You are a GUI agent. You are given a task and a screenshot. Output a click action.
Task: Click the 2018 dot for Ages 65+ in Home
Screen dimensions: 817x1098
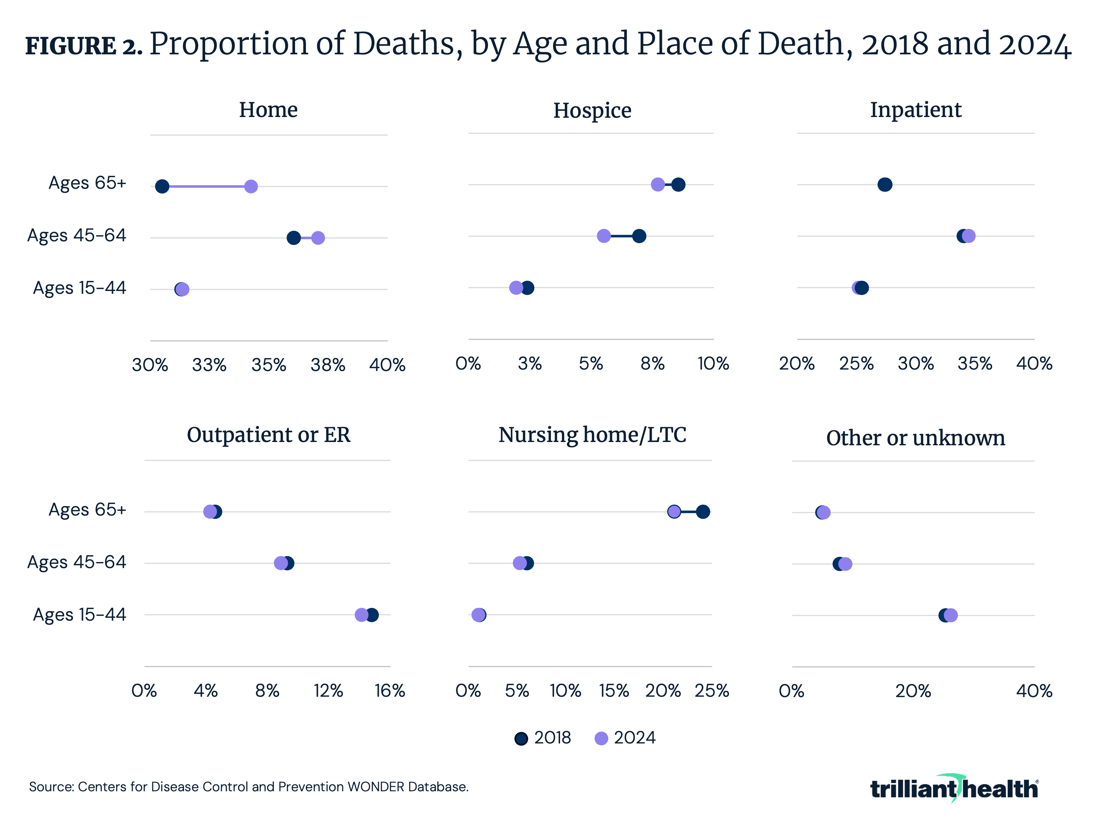[x=162, y=187]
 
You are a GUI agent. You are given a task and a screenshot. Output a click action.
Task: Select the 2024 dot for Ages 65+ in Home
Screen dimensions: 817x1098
[x=251, y=187]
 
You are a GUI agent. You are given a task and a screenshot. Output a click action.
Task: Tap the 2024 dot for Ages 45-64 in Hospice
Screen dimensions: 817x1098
[x=604, y=236]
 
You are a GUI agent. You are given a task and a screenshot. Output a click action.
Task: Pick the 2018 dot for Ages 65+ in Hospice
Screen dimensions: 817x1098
[x=678, y=184]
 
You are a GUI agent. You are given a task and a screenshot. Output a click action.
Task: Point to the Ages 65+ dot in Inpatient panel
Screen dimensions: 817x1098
[x=885, y=184]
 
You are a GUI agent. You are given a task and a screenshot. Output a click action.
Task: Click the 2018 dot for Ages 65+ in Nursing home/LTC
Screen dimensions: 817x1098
[x=703, y=512]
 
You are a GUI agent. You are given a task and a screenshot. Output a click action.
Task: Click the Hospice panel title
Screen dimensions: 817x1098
[x=592, y=110]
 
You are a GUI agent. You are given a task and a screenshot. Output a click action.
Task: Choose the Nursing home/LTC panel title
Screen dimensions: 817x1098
[x=592, y=435]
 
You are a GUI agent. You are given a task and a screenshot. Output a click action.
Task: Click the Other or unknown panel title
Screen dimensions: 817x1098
[x=915, y=438]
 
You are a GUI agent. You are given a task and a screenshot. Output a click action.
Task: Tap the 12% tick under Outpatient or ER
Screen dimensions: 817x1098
[x=328, y=691]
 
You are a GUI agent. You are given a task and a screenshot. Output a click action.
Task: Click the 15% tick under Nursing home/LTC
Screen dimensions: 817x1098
[x=614, y=691]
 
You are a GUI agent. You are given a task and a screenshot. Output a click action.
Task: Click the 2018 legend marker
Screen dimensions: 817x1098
[x=521, y=738]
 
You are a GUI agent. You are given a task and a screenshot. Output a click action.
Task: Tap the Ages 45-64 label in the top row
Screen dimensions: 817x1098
[x=77, y=235]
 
